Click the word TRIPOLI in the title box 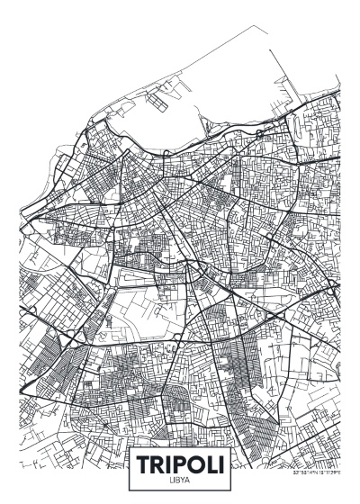pyautogui.click(x=179, y=465)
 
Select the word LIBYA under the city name pyautogui.click(x=179, y=481)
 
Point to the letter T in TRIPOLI pyautogui.click(x=145, y=465)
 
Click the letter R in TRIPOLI pyautogui.click(x=159, y=465)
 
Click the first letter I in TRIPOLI pyautogui.click(x=170, y=465)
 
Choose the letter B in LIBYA pyautogui.click(x=177, y=481)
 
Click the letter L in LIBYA pyautogui.click(x=170, y=481)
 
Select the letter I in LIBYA pyautogui.click(x=174, y=481)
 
